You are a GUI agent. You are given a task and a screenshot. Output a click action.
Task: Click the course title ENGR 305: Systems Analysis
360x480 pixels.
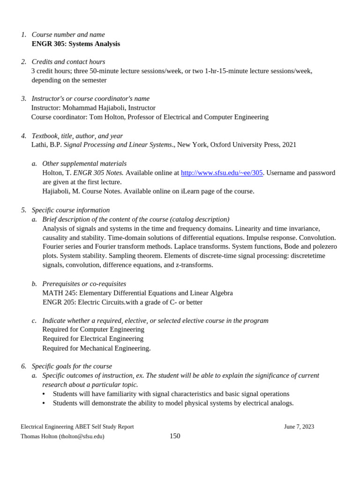coord(75,44)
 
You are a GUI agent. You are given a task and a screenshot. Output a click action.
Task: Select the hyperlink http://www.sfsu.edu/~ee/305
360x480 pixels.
coord(222,172)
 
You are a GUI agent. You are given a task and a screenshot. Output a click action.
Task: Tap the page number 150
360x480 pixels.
coord(175,436)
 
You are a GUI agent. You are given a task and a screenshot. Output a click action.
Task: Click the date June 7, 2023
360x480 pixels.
coord(299,427)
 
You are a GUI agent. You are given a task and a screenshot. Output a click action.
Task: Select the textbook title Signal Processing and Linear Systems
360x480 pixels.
coord(118,145)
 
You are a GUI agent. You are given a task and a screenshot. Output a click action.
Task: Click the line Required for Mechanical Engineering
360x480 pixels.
coord(96,348)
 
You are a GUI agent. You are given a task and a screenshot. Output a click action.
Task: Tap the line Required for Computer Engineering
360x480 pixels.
coord(93,330)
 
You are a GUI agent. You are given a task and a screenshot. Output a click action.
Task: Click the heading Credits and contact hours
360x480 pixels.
coord(68,62)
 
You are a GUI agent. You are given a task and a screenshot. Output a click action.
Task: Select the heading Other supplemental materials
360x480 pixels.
coord(84,164)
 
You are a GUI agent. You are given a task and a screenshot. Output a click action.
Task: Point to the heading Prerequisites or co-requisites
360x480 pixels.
coord(84,284)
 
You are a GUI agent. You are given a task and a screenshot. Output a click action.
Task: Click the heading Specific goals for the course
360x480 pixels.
coord(72,366)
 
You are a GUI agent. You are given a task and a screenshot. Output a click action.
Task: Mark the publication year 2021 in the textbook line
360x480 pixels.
coord(289,145)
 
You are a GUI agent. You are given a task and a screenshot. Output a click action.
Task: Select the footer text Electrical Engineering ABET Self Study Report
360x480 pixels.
coord(77,427)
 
